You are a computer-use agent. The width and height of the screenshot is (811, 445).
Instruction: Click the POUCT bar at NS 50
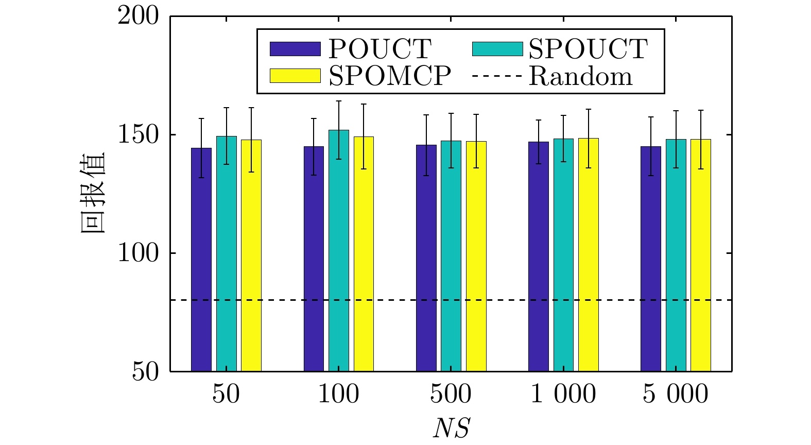click(201, 260)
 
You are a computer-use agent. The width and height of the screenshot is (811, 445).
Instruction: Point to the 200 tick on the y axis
click(139, 15)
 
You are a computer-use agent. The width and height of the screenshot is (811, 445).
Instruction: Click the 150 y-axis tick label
click(139, 134)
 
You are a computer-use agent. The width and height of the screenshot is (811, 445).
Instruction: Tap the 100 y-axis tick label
click(139, 253)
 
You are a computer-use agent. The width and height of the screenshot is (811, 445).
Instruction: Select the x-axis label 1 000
click(563, 395)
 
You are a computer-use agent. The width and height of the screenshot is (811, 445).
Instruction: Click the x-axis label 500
click(451, 395)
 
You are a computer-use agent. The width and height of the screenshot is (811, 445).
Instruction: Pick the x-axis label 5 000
click(676, 395)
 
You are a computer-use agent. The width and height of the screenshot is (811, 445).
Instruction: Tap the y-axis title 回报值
click(93, 193)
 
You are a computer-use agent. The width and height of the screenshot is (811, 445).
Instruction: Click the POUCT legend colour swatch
click(295, 49)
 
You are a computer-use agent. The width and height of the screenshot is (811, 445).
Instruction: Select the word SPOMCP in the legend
click(390, 76)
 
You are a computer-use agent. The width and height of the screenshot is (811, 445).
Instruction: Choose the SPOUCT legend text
click(588, 49)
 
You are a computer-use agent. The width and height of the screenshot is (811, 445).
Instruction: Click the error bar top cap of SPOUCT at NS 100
click(339, 101)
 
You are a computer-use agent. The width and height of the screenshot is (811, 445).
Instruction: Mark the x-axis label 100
click(339, 395)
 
